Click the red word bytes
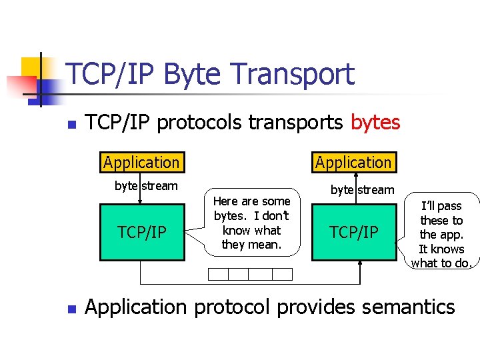(375, 123)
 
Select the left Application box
(141, 162)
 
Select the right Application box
(353, 162)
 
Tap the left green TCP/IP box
(141, 232)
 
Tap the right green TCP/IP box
(353, 232)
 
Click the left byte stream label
(146, 186)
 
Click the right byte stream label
(363, 189)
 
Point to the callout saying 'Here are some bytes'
(251, 223)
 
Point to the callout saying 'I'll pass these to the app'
(441, 234)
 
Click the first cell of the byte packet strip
(218, 274)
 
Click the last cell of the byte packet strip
(282, 274)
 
